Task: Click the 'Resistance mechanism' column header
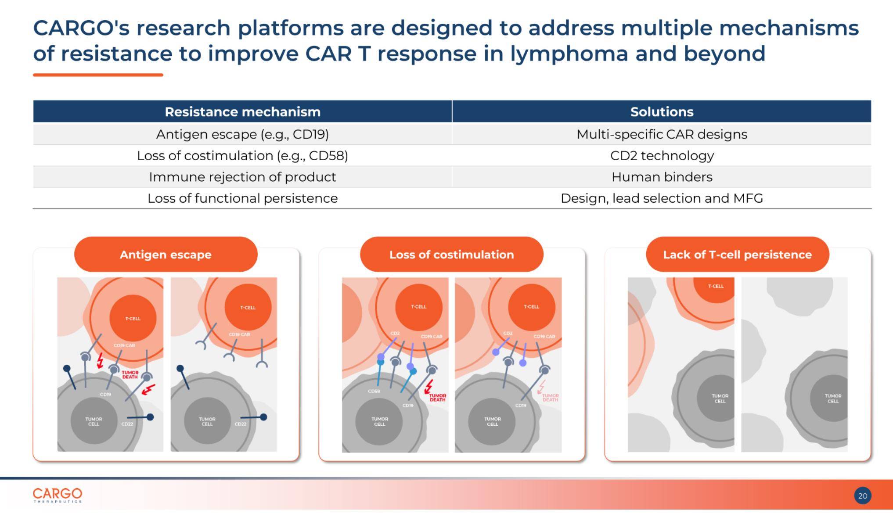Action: (x=242, y=112)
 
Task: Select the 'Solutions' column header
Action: (x=662, y=112)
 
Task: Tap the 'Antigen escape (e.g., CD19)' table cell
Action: (x=242, y=134)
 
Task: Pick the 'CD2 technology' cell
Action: (x=662, y=156)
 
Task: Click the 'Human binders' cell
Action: (x=662, y=177)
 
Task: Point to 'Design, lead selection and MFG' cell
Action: (x=662, y=198)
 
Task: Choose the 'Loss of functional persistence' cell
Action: (x=242, y=198)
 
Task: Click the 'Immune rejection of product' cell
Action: (x=242, y=177)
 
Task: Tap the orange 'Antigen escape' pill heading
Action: (x=166, y=255)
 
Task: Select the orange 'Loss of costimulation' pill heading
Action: (x=451, y=255)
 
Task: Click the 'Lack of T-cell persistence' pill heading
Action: (x=737, y=255)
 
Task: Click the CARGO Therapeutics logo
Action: (x=58, y=495)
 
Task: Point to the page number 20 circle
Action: (x=862, y=496)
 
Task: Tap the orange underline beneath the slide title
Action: (x=98, y=75)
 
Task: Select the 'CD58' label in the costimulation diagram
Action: (x=374, y=391)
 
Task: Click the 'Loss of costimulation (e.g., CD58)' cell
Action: (x=242, y=156)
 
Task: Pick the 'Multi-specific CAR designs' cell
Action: (x=662, y=134)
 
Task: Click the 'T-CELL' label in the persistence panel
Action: (x=716, y=286)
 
